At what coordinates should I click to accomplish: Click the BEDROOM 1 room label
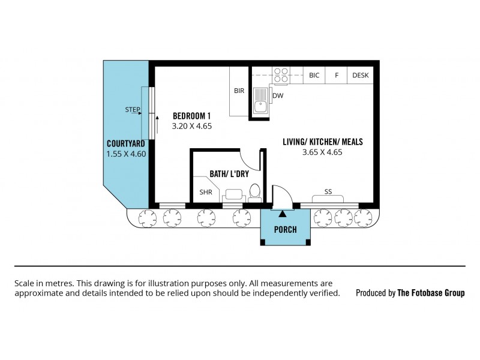coord(191,116)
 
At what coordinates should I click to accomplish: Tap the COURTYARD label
coord(126,143)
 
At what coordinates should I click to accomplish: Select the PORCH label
coord(286,230)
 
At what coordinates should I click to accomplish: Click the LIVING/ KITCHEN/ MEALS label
coord(323,142)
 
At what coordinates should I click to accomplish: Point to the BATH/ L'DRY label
coord(229,174)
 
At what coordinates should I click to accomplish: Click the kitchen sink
coord(261,101)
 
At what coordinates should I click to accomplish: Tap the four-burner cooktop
coord(281,76)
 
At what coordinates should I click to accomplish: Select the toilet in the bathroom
coord(254,193)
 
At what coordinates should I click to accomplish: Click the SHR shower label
coord(206,192)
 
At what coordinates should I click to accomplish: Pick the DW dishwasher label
coord(278,95)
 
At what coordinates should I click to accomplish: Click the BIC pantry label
coord(314,76)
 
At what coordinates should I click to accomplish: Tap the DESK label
coord(361,76)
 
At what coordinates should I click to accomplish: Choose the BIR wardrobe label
coord(239,91)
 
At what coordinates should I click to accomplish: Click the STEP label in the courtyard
coord(133,109)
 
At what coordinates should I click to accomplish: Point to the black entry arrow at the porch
coord(283,214)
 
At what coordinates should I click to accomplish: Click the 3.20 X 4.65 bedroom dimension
coord(192,126)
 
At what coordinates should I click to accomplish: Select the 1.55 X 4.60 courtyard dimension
coord(126,154)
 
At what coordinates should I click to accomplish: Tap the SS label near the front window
coord(328,191)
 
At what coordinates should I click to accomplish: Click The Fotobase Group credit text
coord(431,293)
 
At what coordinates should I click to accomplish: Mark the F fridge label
coord(337,76)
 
